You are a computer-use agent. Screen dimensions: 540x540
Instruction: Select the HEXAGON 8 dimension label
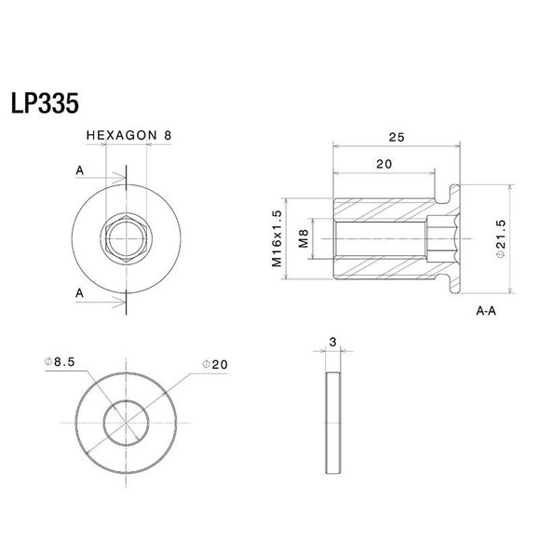click(x=128, y=135)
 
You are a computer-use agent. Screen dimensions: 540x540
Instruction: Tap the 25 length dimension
click(x=397, y=137)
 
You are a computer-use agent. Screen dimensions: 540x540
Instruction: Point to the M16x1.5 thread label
click(x=277, y=239)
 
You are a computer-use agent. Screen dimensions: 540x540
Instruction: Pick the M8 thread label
click(x=303, y=239)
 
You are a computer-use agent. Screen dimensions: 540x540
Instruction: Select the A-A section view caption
click(x=485, y=313)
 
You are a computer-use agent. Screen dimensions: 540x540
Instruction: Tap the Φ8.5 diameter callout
click(x=61, y=361)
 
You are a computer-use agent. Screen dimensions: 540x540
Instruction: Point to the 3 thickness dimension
click(x=333, y=343)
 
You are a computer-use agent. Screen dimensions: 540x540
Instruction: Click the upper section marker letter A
click(x=80, y=171)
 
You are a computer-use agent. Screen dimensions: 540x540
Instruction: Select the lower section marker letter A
click(x=80, y=292)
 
